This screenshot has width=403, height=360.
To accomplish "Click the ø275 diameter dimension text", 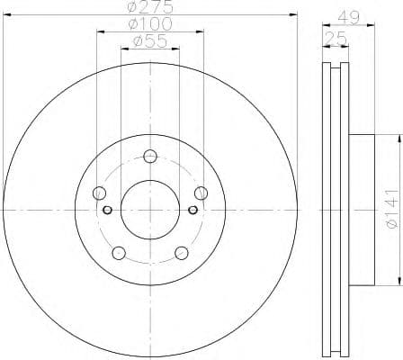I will (149, 6).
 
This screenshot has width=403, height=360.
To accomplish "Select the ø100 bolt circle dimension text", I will (149, 22).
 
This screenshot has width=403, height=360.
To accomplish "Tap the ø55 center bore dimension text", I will (149, 41).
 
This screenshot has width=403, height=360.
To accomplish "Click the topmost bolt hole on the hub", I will (150, 155).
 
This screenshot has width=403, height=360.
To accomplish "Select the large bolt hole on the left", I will (100, 193).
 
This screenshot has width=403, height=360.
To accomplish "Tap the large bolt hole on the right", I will (201, 193).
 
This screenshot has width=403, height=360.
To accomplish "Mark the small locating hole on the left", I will (107, 211).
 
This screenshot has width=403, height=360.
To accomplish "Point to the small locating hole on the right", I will (193, 211).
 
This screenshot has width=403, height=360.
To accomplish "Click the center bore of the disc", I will (150, 210).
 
